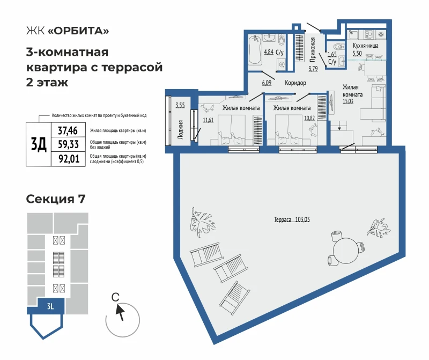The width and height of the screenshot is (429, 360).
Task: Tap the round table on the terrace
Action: click(x=346, y=251)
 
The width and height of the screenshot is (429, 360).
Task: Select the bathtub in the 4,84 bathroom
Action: click(x=255, y=49)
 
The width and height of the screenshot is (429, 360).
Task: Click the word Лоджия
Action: click(x=180, y=130)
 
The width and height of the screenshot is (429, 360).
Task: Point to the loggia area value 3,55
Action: click(x=180, y=105)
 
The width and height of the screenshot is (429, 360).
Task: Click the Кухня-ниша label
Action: click(x=365, y=46)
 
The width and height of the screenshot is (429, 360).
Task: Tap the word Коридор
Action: click(x=295, y=83)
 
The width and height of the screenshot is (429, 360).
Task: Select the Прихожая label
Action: click(x=313, y=49)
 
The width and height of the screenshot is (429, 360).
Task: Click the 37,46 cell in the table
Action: click(x=68, y=130)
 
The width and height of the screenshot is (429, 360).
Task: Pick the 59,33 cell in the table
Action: click(x=68, y=144)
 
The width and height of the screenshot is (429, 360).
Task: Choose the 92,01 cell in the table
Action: click(x=69, y=158)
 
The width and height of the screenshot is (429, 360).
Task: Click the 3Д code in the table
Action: click(x=39, y=144)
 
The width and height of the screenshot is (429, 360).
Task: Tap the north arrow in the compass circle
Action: click(x=120, y=313)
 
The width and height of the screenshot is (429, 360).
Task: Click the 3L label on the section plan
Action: click(x=50, y=306)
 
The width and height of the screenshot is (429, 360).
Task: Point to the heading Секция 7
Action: click(x=56, y=199)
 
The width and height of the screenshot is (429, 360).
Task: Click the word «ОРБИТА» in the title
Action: click(x=78, y=31)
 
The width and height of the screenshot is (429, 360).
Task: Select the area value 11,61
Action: click(x=208, y=120)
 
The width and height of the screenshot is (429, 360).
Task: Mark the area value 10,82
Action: click(x=309, y=118)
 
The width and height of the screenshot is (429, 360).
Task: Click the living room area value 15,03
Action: click(x=348, y=101)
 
